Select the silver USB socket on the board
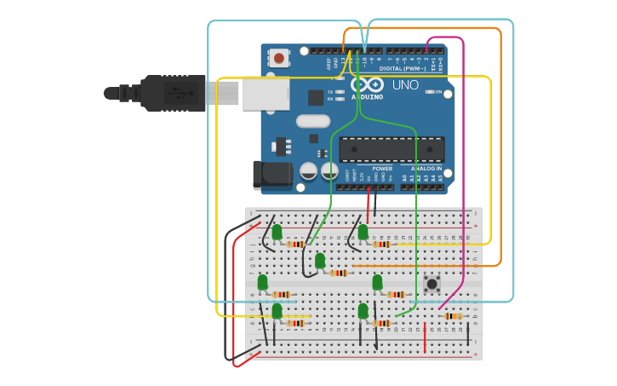265,93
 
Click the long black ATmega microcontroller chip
391,149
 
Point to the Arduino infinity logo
367,85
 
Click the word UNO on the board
405,85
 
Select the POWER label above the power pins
382,169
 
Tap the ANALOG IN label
426,169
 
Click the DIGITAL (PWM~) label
403,68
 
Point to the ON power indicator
438,91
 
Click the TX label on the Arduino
330,91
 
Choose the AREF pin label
329,62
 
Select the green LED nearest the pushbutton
377,282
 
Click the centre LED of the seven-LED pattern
320,261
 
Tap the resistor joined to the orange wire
340,274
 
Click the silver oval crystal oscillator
312,121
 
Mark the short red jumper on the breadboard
425,337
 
